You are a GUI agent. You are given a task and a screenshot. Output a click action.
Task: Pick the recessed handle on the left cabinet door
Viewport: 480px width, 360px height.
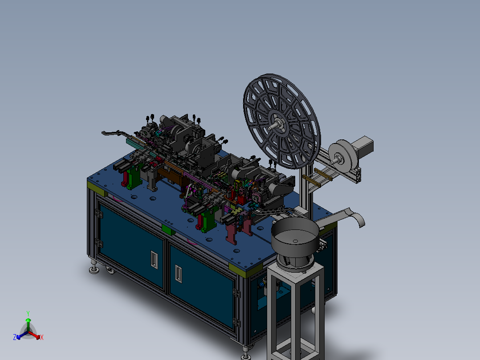[x=154, y=260]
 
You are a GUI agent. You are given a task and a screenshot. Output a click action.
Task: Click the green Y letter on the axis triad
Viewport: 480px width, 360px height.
[x=28, y=313]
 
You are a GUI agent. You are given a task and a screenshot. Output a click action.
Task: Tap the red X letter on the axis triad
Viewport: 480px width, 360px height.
[x=42, y=337]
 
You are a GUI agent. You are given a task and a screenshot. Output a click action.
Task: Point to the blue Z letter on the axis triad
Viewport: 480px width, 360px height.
[x=15, y=337]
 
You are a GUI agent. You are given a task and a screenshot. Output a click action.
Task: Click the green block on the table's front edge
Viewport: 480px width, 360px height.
[x=168, y=229]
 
